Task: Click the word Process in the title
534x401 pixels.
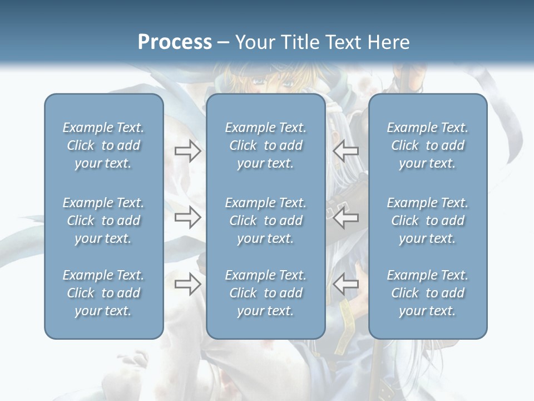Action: [x=175, y=42]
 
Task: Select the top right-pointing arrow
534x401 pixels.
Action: [x=187, y=150]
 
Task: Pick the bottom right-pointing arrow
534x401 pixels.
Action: [x=187, y=284]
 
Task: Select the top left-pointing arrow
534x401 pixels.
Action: [x=346, y=150]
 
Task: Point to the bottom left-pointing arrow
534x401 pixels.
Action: [x=346, y=284]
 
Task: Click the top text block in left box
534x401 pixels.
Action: [x=103, y=145]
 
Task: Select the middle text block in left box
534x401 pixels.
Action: [x=103, y=221]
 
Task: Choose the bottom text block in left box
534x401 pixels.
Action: [x=103, y=293]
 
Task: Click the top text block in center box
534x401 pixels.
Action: [x=265, y=145]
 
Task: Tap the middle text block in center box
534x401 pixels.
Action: [x=265, y=221]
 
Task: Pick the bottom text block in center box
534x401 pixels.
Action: [x=265, y=293]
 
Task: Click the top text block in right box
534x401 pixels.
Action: [x=427, y=145]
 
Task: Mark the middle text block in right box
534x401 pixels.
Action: [x=427, y=221]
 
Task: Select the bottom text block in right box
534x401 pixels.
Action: [x=427, y=293]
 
